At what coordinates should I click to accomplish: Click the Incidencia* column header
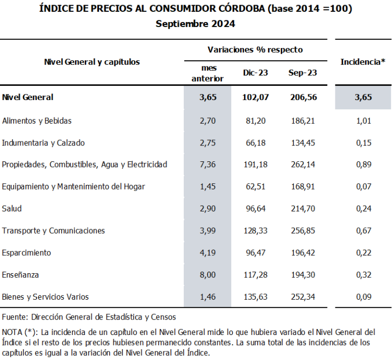[363, 62]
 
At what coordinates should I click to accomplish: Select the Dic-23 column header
[255, 73]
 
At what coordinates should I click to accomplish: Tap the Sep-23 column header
[303, 73]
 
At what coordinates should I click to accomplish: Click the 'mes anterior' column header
[208, 73]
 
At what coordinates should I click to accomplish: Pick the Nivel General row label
[28, 97]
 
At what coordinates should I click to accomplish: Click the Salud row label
[12, 208]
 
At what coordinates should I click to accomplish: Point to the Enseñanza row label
[20, 275]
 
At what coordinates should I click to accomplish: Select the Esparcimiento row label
[26, 253]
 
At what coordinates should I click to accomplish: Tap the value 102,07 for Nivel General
[255, 97]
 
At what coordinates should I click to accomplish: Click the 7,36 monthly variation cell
[208, 164]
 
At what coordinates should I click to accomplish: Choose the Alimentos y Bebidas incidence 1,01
[363, 121]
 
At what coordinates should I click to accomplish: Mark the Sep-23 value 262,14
[303, 164]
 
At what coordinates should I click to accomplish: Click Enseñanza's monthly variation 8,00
[208, 275]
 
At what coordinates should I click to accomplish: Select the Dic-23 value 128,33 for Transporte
[255, 230]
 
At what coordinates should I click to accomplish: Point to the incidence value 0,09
[363, 297]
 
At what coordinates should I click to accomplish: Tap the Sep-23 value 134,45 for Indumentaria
[303, 143]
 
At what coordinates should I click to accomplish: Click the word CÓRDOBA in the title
[242, 9]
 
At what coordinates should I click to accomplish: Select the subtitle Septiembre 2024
[195, 24]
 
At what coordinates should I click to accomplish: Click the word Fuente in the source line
[15, 317]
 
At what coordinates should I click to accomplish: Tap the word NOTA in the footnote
[12, 332]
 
